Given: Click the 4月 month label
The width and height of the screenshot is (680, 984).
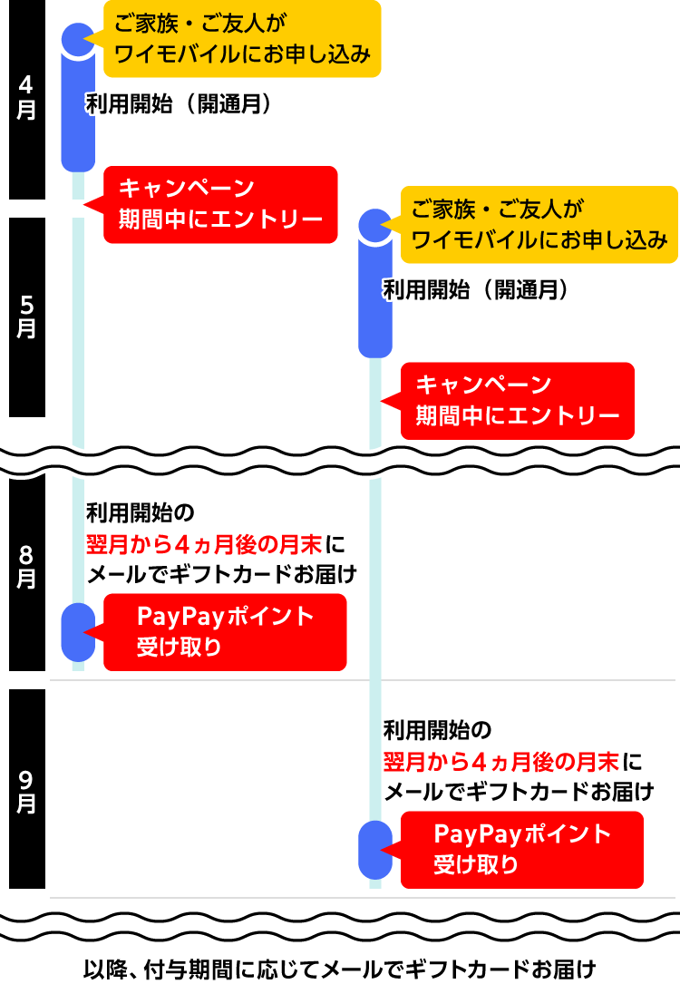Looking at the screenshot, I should (26, 98).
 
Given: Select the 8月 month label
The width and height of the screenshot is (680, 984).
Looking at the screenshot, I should (26, 567).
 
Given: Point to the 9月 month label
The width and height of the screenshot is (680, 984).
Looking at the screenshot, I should (26, 791).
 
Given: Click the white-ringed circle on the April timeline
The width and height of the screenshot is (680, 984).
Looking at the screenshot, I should (78, 37).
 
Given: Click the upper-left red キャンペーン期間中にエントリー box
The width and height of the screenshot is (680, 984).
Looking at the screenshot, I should (220, 204).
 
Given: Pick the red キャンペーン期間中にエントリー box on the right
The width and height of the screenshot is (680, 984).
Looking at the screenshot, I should (517, 401).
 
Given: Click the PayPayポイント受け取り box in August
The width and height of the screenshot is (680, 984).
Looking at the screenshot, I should (225, 632).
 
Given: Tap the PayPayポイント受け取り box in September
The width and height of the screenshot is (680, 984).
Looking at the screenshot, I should (521, 849).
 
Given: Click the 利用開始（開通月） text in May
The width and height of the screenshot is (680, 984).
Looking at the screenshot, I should (476, 290).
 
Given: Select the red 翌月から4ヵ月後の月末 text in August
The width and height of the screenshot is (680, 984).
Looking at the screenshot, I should (204, 544).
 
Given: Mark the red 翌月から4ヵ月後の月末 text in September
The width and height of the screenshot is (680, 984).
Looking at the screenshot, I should (501, 760).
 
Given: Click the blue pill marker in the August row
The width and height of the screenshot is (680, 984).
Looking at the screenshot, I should (78, 632).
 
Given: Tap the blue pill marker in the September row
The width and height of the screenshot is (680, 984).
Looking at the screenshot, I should (375, 850).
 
